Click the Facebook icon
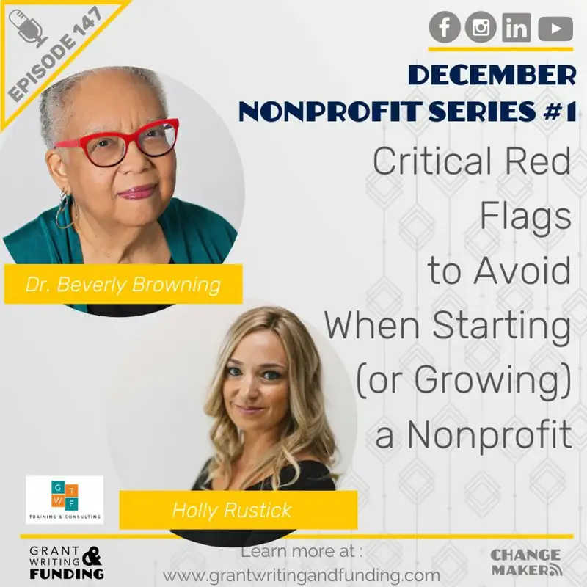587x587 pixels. coord(445,28)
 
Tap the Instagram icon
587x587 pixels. coord(481,28)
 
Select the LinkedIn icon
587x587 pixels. coord(517,28)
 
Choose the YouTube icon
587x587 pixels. coord(555,29)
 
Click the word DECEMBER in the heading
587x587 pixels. coord(490,76)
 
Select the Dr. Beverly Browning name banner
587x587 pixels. coord(123,284)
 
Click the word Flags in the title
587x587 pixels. coord(525,217)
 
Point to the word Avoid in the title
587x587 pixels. coord(522,271)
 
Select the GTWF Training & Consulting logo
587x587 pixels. coord(65,500)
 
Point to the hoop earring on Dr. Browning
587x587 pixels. coord(65,208)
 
